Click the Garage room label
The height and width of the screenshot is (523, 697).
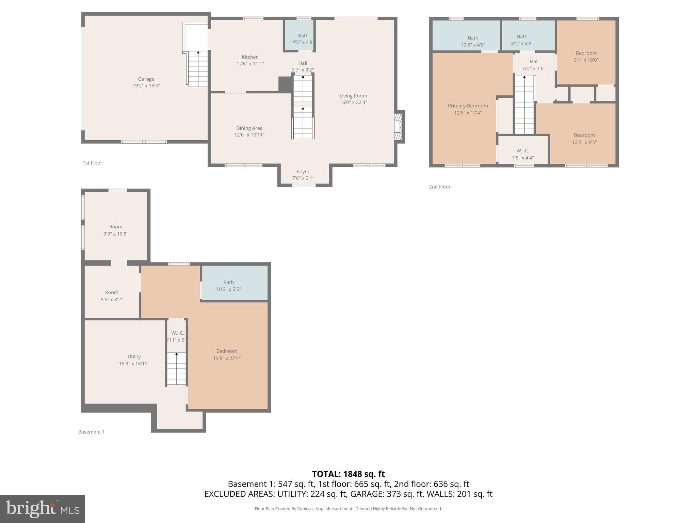tap(146, 79)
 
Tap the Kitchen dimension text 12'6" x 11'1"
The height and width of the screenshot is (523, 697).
tap(250, 64)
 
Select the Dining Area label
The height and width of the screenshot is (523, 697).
tap(249, 128)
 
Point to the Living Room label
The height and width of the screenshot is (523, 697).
tap(353, 96)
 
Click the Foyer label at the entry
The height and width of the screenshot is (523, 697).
tap(303, 172)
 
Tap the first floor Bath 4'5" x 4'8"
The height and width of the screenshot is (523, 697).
tap(303, 39)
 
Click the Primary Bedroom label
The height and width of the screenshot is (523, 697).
tap(468, 106)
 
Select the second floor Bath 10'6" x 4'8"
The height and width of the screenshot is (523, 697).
tap(473, 41)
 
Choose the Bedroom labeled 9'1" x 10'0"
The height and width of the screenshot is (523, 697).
tap(586, 57)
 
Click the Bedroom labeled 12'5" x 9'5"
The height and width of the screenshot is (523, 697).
tap(584, 139)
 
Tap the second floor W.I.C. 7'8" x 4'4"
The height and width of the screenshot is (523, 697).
tap(522, 154)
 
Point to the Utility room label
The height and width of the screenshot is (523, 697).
tap(134, 356)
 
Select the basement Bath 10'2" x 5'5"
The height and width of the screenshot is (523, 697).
tap(228, 286)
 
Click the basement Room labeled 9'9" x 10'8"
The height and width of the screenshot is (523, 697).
tap(116, 230)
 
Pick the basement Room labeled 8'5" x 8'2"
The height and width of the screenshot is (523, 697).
tap(111, 296)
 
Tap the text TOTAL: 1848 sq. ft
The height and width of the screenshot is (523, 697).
tap(348, 474)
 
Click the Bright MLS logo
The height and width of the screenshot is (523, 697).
tap(43, 509)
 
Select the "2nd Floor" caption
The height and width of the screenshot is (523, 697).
tap(439, 187)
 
